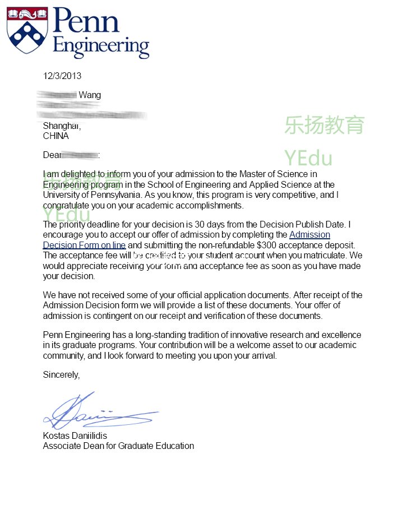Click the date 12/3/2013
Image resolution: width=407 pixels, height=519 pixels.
pos(62,76)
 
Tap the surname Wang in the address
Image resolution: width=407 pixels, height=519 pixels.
pos(90,95)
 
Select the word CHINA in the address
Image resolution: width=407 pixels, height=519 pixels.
pos(56,136)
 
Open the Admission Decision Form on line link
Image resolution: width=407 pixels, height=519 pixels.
pos(84,245)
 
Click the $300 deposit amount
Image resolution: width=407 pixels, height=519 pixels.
pos(266,245)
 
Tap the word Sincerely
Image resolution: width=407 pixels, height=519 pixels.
pos(61,375)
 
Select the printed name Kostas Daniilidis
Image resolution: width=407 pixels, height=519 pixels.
pos(75,436)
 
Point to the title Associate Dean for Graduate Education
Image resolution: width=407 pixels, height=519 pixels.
pos(118,446)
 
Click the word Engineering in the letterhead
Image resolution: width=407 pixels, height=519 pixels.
pos(101,46)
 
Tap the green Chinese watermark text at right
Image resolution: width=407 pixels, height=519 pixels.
pos(324,125)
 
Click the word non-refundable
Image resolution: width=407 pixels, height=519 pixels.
pos(225,245)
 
